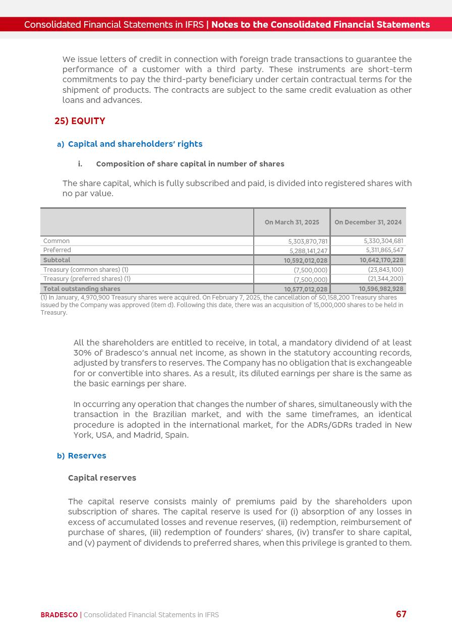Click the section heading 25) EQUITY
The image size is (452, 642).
click(80, 121)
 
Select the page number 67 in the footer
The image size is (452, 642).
click(401, 614)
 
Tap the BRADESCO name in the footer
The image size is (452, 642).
click(59, 615)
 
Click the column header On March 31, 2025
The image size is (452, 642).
click(292, 222)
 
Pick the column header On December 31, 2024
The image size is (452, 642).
click(368, 222)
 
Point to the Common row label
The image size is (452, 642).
click(56, 241)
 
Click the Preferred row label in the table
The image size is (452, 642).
click(57, 250)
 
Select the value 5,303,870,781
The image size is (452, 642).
click(308, 242)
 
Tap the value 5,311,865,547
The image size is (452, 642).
click(384, 250)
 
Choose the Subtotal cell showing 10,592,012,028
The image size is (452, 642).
click(305, 261)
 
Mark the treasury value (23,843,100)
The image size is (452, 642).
click(385, 270)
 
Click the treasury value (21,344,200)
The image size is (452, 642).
click(385, 279)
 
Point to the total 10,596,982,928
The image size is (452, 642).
click(381, 289)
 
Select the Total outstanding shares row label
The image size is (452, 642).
click(82, 289)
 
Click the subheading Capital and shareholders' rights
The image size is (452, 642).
click(135, 144)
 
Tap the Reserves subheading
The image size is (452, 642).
click(87, 456)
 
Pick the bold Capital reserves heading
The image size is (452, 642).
click(102, 478)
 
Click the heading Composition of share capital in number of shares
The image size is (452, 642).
click(190, 164)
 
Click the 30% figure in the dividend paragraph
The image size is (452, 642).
click(82, 353)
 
